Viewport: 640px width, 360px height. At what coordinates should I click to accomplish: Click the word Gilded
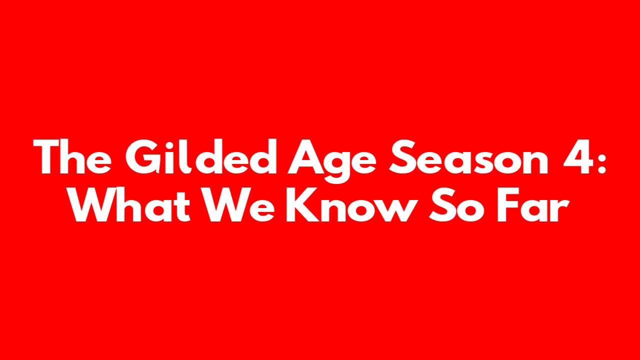tap(201, 156)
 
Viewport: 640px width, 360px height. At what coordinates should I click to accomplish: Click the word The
tap(72, 156)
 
